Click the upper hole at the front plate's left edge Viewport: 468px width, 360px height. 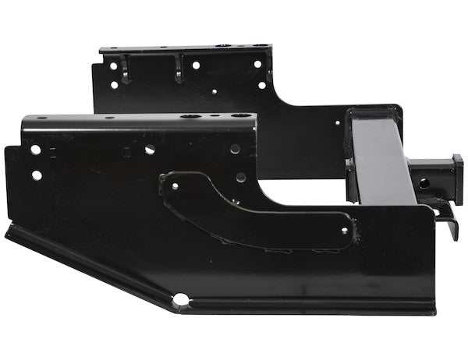tap(34, 150)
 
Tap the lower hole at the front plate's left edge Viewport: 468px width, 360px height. tap(37, 175)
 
